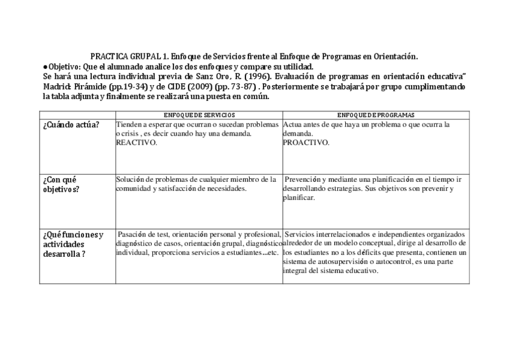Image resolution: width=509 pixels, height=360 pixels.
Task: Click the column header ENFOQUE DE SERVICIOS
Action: click(199, 115)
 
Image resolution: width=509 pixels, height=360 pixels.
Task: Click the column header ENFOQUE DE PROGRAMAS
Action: click(376, 115)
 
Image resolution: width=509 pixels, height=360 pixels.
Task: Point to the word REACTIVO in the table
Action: click(136, 143)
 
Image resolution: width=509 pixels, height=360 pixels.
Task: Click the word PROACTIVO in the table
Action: click(306, 143)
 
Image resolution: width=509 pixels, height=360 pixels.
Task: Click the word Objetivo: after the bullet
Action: click(64, 67)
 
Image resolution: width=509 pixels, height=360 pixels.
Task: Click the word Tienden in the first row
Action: click(129, 125)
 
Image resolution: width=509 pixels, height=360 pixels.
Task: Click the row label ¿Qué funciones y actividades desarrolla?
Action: click(73, 244)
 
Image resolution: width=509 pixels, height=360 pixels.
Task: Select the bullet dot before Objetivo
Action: click(45, 67)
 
